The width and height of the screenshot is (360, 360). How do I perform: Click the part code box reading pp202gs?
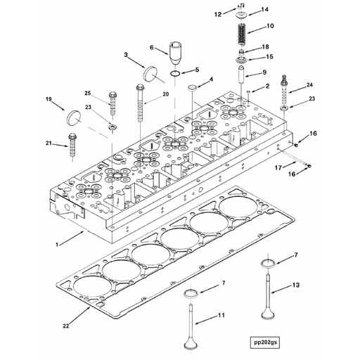tap(264, 342)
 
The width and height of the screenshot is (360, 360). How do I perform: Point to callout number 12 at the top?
tap(217, 13)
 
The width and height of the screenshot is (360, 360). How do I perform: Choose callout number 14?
tap(264, 9)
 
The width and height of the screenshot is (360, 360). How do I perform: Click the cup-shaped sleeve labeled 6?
tap(176, 52)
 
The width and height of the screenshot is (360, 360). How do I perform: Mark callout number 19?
tap(49, 100)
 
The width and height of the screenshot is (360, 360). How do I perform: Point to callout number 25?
tap(88, 94)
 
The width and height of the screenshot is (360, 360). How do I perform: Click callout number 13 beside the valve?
tap(295, 284)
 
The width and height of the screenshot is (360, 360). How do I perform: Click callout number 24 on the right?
tap(309, 85)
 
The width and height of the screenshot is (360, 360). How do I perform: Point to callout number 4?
tap(208, 80)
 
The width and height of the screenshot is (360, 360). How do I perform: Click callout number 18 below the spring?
tap(264, 46)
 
